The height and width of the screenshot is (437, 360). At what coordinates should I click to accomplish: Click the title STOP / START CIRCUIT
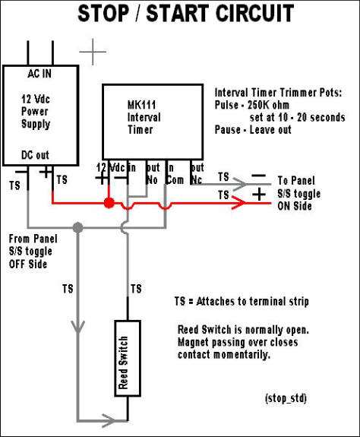186,13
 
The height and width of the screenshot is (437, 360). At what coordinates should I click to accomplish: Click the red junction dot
109,203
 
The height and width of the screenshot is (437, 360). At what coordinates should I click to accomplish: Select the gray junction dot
78,227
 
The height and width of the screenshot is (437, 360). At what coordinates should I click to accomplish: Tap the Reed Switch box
128,359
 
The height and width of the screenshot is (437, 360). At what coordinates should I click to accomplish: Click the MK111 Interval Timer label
144,117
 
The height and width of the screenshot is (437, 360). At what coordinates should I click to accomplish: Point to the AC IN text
39,74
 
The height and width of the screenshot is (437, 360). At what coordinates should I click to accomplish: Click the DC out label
35,155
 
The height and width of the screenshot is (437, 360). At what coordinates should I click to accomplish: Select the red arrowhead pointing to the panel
239,203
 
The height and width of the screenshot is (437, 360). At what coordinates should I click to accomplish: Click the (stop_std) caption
286,398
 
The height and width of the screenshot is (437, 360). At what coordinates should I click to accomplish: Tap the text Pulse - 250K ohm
251,105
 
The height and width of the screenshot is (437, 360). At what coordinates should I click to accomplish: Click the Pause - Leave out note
253,130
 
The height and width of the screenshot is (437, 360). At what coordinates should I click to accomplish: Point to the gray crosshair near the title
93,52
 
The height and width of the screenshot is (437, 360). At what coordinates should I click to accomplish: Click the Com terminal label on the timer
175,180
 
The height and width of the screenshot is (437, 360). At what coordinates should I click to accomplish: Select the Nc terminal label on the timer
196,180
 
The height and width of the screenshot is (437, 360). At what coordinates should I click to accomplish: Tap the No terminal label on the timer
152,180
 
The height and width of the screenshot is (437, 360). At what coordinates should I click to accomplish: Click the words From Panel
33,239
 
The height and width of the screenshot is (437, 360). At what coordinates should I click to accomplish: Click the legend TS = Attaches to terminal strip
242,301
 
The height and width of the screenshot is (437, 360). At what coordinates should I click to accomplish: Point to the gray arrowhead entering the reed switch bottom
109,420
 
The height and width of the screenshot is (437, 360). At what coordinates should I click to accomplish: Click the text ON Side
295,206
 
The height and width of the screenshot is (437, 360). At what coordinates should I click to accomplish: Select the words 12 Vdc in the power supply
36,99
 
